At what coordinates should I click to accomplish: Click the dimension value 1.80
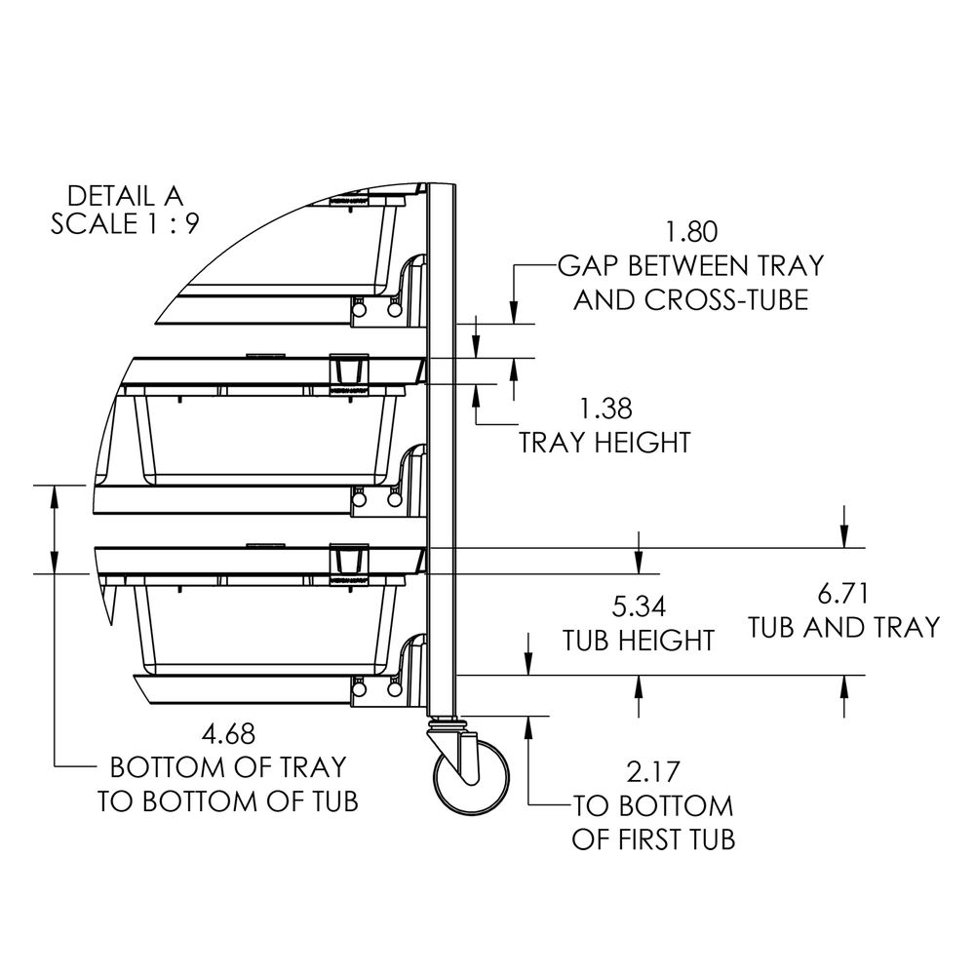(x=691, y=231)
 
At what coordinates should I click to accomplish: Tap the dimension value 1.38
(x=605, y=409)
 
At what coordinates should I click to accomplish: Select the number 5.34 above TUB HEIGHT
(x=639, y=606)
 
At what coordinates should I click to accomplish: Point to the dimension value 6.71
(x=842, y=593)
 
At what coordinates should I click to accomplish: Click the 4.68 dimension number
(x=229, y=734)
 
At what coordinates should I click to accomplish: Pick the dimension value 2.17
(x=653, y=772)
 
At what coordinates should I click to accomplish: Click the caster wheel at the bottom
(x=471, y=777)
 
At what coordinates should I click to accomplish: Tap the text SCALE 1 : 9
(x=125, y=224)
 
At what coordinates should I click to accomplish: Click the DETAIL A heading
(x=125, y=196)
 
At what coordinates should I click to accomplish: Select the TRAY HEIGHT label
(x=605, y=443)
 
